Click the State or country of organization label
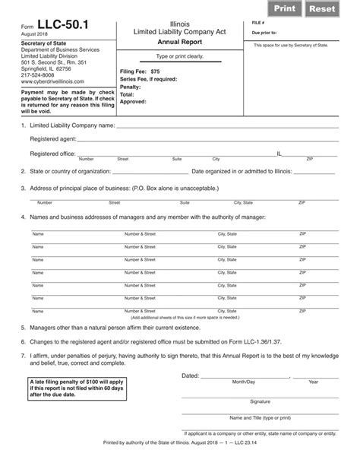70,171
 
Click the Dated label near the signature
190,376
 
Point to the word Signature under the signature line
261,400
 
